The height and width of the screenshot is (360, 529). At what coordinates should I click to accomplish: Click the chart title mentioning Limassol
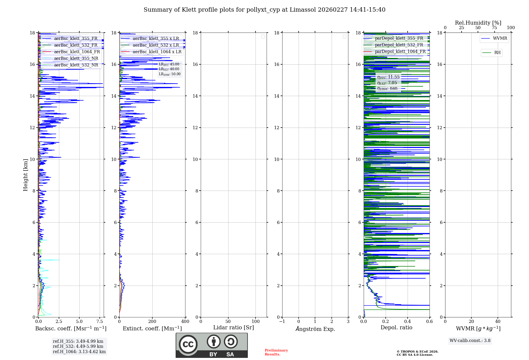coord(264,10)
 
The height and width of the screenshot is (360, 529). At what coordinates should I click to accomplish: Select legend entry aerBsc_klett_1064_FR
coord(77,52)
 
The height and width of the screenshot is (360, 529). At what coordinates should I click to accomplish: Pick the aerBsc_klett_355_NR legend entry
coord(76,58)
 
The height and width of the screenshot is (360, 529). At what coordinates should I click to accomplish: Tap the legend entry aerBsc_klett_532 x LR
coord(156,45)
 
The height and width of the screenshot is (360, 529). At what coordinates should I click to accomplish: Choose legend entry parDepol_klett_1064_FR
coord(400,52)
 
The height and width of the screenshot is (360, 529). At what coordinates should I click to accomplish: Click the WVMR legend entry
coord(500,39)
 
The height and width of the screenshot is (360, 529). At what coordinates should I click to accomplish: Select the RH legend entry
coord(497,53)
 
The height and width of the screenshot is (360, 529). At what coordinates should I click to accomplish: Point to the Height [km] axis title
coord(25,175)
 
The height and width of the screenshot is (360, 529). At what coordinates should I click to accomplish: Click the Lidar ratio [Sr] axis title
coord(234,328)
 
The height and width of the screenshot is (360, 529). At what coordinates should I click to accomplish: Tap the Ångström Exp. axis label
coord(315,329)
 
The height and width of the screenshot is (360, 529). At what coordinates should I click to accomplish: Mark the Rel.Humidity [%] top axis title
coord(478,23)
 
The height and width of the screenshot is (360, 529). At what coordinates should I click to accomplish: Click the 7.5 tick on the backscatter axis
coord(100,322)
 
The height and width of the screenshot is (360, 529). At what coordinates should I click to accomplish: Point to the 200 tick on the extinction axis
coord(152,322)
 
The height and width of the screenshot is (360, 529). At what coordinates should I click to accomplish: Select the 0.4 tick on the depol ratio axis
coord(408,322)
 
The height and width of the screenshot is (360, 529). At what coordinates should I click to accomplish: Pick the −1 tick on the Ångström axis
coord(282,322)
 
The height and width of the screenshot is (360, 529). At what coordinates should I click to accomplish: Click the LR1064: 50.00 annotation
coord(170,74)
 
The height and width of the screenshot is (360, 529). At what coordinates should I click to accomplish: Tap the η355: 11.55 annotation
coord(388,77)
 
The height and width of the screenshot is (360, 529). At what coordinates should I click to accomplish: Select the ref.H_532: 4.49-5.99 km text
coord(78,346)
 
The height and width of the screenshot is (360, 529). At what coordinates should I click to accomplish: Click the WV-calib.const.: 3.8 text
coord(470,341)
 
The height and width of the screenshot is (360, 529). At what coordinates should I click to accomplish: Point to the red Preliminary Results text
coord(276,352)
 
